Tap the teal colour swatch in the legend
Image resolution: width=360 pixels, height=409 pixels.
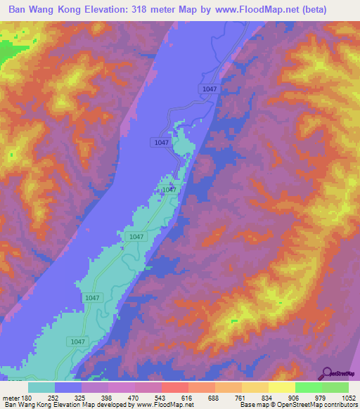[x=41, y=387]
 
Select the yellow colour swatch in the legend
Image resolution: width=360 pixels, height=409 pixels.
[x=282, y=387]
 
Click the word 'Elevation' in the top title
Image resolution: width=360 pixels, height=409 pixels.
[x=120, y=11]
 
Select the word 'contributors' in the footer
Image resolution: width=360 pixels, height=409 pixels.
[x=337, y=405]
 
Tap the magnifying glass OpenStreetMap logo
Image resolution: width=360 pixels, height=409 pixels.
[x=328, y=372]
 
